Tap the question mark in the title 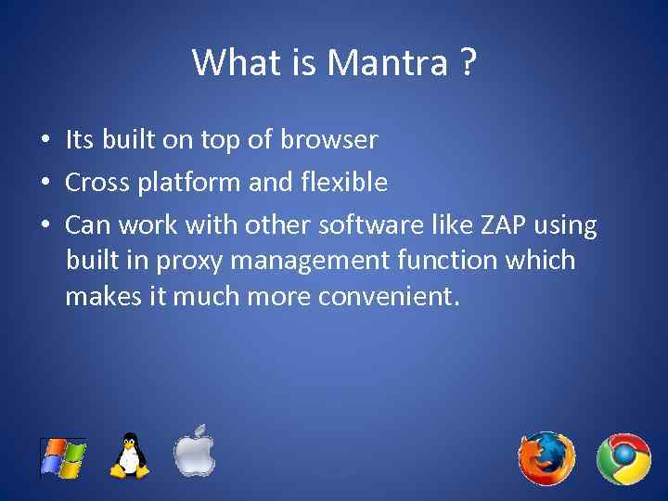tap(466, 63)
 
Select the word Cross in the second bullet tap(98, 183)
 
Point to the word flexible tap(342, 183)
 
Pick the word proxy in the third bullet tap(181, 262)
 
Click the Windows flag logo tap(63, 457)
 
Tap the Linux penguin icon tap(130, 456)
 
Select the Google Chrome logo tap(623, 458)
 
